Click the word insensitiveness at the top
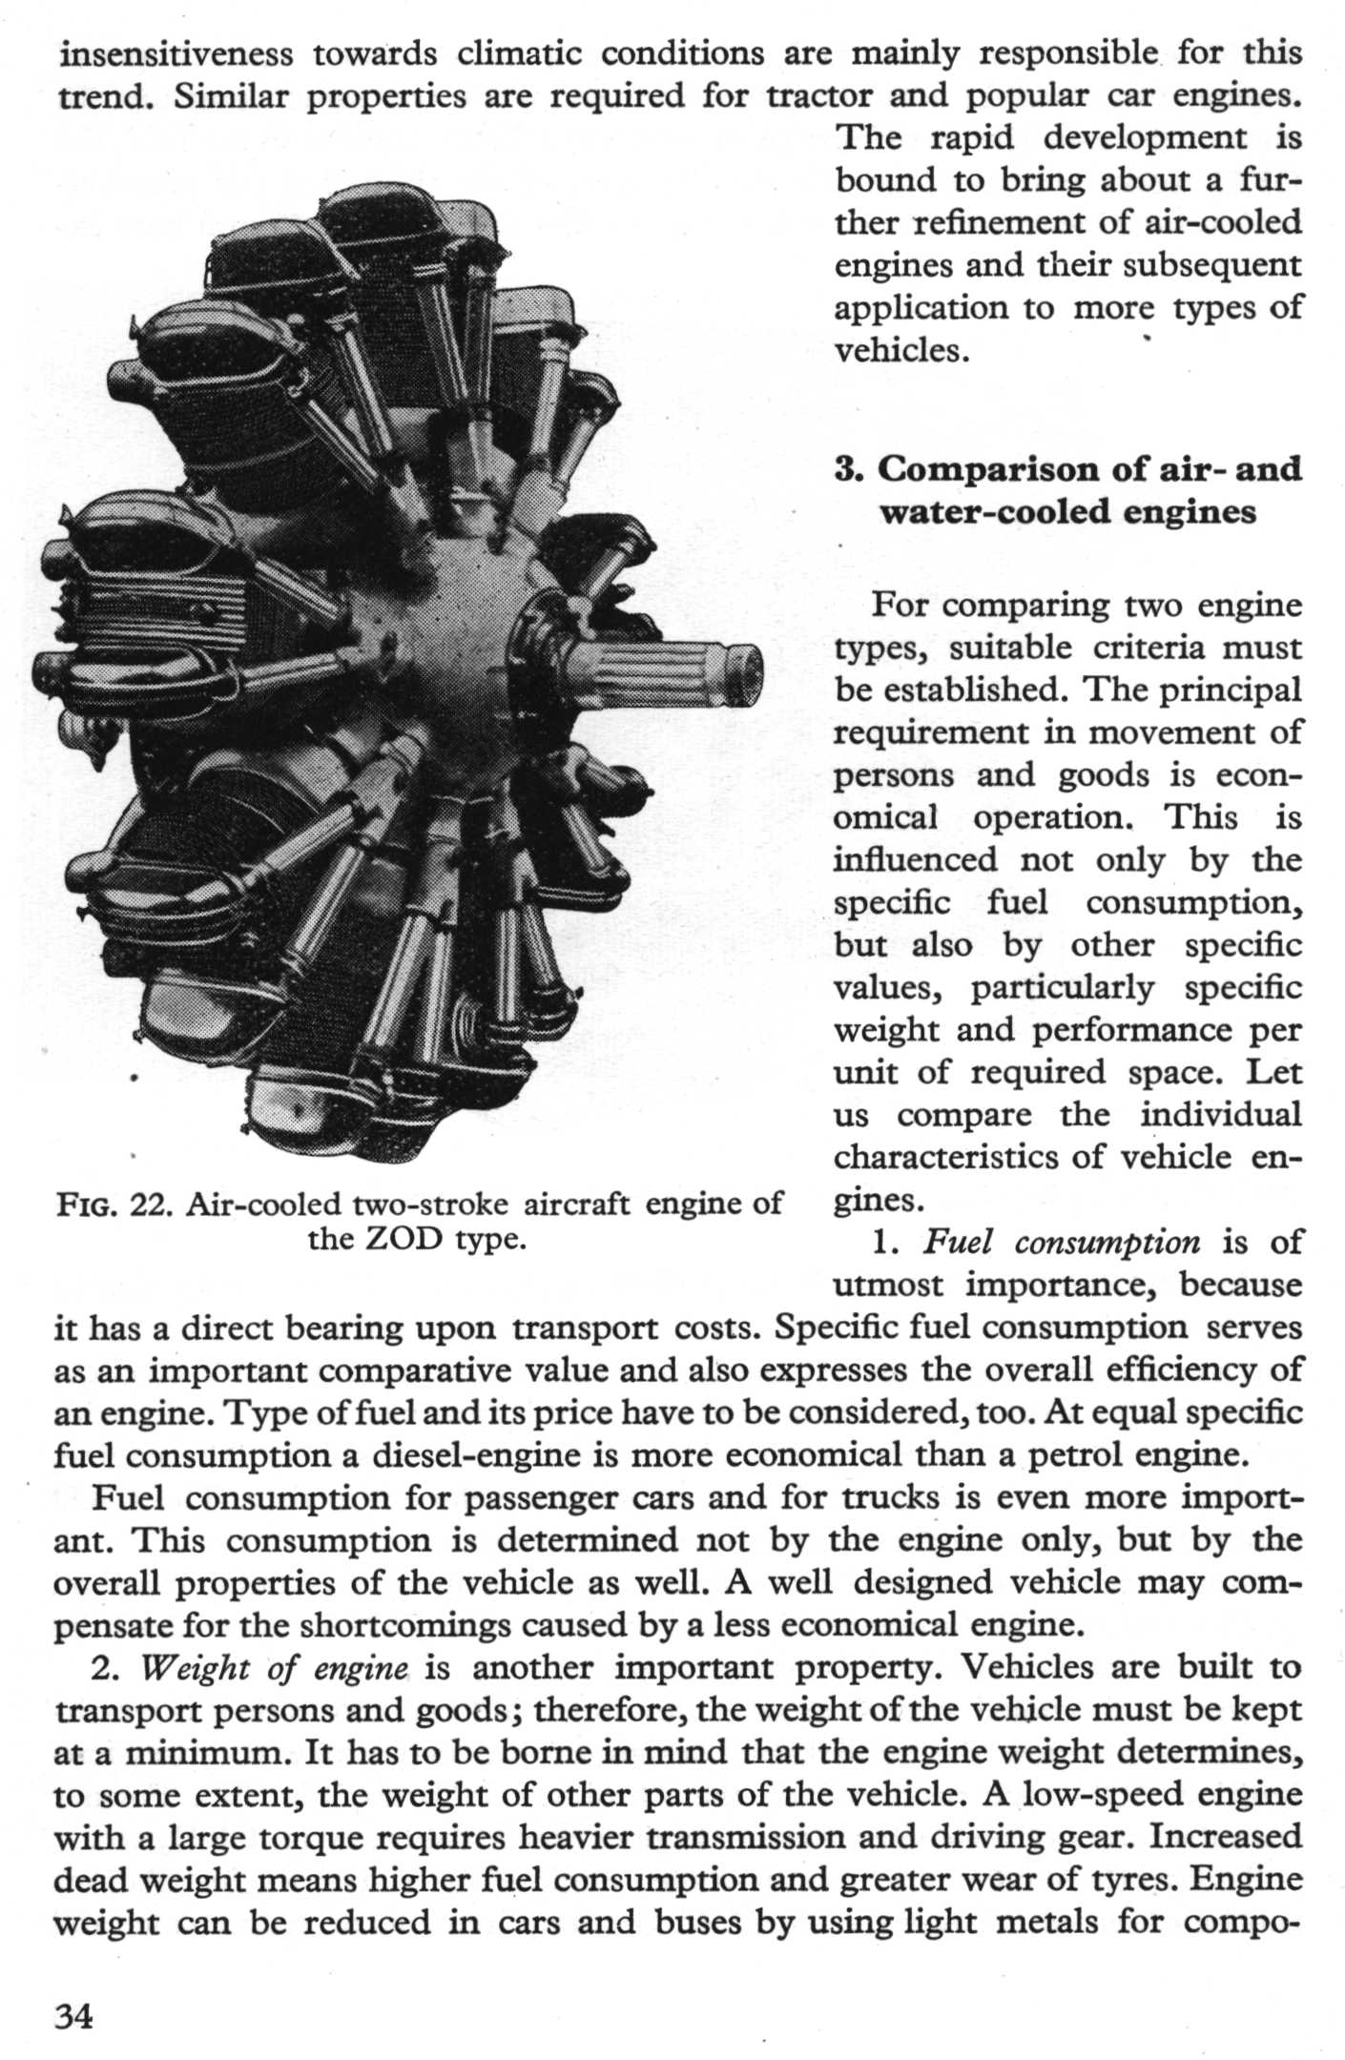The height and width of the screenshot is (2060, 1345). (176, 53)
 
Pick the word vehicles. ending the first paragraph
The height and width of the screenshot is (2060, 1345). (902, 351)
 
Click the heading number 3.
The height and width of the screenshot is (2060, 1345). (846, 469)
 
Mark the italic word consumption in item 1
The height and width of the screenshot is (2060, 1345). (1107, 1242)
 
